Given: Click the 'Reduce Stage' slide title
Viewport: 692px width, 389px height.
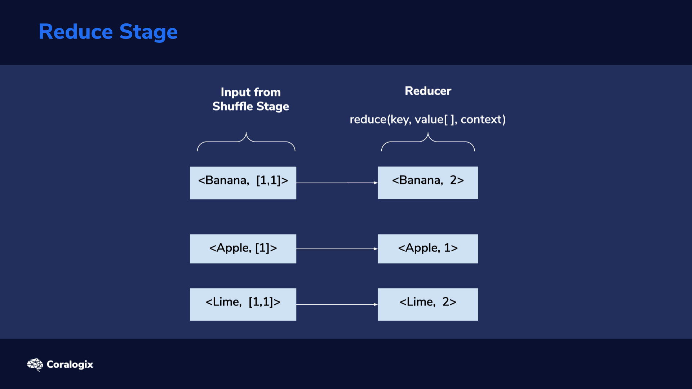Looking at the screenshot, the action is [x=108, y=32].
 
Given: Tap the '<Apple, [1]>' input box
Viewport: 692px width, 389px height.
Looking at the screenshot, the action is [x=243, y=249].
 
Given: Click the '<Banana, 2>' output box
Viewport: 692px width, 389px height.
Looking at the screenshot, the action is [x=428, y=183].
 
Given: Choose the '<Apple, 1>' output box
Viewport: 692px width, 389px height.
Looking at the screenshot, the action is [x=428, y=249].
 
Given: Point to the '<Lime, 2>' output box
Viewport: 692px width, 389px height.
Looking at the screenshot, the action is [x=428, y=304].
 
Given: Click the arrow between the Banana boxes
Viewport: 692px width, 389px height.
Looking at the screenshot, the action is [x=337, y=183].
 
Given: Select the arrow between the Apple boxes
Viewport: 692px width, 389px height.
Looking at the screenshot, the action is [x=337, y=249].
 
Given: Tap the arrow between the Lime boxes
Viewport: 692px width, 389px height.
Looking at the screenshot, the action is [x=337, y=304].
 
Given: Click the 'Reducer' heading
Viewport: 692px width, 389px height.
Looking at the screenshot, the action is [x=428, y=91].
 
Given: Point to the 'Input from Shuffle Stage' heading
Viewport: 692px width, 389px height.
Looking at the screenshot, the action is [x=250, y=99].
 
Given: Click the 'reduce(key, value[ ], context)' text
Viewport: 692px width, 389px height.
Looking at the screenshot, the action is [x=428, y=119].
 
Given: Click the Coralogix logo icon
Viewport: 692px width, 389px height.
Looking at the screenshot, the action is [x=35, y=365].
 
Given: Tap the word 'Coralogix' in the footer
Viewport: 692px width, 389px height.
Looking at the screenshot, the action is [x=70, y=365].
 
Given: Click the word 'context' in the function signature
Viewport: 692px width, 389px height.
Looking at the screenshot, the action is [x=482, y=119].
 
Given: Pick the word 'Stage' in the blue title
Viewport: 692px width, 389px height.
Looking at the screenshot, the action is [x=148, y=32].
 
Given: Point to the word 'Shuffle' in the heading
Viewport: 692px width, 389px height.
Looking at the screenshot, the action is [x=233, y=106].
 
